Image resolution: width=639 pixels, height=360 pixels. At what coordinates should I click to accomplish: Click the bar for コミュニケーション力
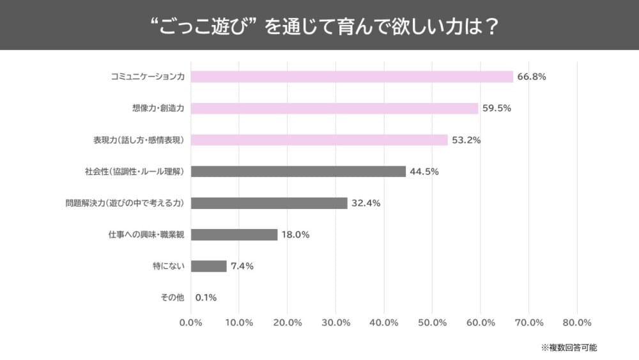352,77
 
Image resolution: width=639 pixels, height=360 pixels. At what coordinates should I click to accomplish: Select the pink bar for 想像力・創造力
334,108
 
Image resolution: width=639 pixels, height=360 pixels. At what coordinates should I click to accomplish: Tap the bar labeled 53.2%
319,140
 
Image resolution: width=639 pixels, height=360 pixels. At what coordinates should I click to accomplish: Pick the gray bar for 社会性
298,171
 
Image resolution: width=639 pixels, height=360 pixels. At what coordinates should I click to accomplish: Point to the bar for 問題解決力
269,203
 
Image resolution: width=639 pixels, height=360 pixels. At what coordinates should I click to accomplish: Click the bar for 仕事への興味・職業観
235,235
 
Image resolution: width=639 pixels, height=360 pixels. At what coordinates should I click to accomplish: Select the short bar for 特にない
209,266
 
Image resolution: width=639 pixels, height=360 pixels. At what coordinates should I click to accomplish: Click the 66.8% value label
532,77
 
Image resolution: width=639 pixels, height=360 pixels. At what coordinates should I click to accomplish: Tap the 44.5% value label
424,171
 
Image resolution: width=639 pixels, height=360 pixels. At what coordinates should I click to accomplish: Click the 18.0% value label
296,235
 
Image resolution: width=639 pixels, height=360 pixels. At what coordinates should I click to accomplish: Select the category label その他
172,297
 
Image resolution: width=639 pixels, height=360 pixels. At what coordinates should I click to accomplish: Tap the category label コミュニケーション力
148,77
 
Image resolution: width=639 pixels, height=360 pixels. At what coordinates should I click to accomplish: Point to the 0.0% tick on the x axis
191,322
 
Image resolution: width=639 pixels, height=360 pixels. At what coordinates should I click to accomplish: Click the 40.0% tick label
384,322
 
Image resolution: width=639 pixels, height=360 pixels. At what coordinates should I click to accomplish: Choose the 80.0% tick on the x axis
577,322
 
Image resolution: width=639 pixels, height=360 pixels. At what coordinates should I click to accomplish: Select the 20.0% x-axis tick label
288,322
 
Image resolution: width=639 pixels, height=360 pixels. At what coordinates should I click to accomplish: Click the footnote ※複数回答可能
569,348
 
